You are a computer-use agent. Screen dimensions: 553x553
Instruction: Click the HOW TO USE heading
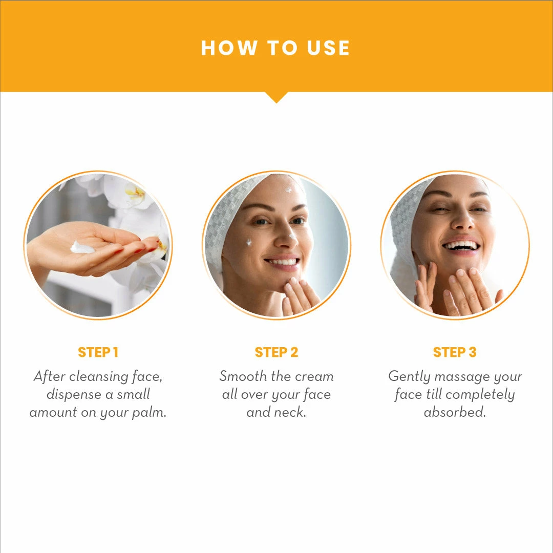click(x=275, y=48)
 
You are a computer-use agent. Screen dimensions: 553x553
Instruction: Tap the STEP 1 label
click(x=98, y=352)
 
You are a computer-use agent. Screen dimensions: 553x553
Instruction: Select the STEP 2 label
click(x=276, y=352)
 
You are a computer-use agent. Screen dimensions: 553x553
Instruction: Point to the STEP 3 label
click(x=455, y=352)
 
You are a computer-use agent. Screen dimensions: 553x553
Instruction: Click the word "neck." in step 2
click(x=291, y=413)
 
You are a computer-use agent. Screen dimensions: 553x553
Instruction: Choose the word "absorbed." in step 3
click(x=455, y=413)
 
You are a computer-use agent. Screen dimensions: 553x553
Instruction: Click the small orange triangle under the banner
click(x=276, y=97)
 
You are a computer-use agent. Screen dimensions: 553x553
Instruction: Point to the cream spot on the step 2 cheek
click(x=249, y=242)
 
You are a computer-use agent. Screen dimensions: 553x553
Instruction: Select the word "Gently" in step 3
click(x=408, y=376)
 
